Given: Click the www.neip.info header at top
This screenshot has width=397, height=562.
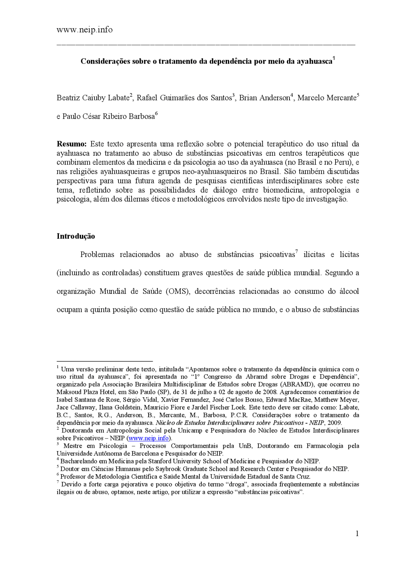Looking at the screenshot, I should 84,30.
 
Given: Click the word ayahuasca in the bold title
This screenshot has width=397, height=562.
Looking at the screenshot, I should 314,61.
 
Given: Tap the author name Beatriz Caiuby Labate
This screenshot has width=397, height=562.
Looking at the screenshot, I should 93,98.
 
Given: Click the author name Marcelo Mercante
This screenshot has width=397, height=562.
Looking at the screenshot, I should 327,98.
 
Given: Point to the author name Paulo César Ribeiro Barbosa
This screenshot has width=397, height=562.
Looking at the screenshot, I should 108,117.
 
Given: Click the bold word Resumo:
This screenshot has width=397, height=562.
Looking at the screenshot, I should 71,144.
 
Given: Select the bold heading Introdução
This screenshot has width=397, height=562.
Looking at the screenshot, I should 76,236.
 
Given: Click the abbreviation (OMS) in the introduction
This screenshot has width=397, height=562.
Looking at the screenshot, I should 178,292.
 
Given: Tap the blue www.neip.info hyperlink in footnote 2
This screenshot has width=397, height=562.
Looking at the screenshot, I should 149,438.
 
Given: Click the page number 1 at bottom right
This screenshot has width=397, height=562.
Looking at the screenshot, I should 357,533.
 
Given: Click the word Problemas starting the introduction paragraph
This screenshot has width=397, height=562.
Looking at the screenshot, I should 97,255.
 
